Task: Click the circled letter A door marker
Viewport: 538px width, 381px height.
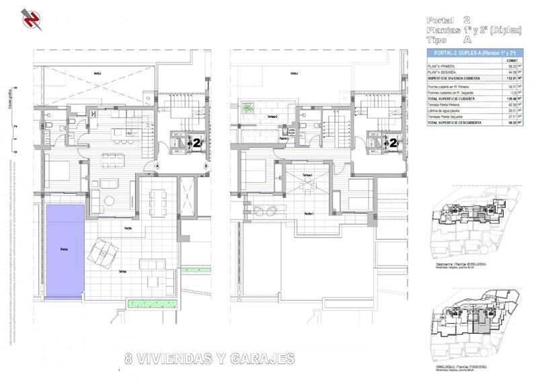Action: [156, 165]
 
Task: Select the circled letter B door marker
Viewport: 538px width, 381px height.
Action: [206, 165]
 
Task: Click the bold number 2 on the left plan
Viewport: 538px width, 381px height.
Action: [196, 143]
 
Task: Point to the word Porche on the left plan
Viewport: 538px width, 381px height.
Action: [126, 228]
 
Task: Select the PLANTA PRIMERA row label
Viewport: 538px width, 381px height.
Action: [443, 67]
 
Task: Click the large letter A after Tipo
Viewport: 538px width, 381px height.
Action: [469, 40]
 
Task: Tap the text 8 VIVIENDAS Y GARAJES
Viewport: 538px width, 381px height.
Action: [209, 358]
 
